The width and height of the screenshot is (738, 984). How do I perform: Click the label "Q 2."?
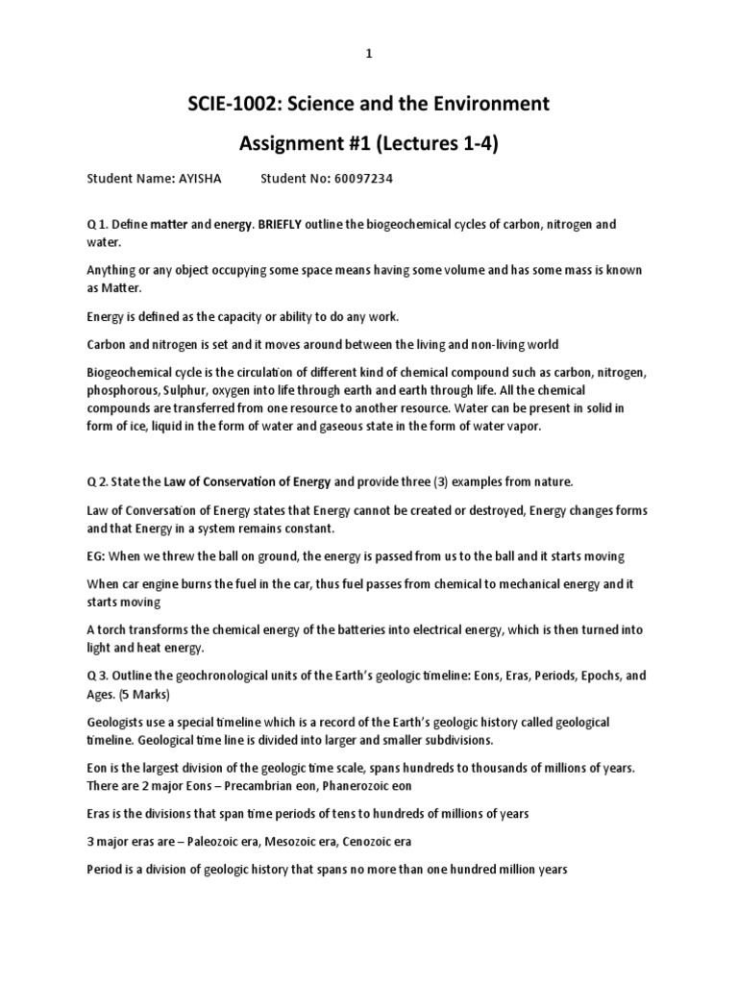(x=99, y=480)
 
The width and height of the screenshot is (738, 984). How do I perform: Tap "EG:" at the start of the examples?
(x=97, y=555)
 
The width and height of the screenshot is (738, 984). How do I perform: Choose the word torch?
(x=115, y=630)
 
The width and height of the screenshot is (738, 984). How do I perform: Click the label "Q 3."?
(x=99, y=675)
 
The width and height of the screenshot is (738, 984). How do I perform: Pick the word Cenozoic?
(x=369, y=841)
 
